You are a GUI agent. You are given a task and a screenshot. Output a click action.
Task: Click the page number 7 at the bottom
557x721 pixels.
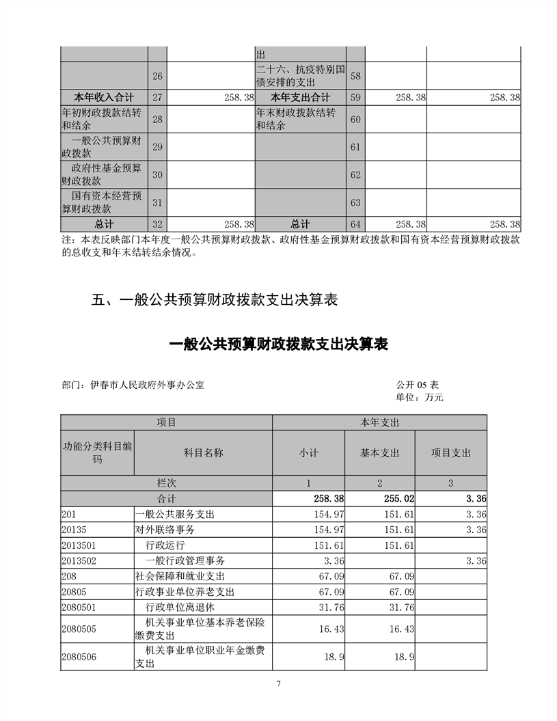(279, 683)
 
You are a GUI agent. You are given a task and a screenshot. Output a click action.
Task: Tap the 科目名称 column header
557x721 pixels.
(203, 452)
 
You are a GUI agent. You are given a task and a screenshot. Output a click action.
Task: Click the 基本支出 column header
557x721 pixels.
(379, 452)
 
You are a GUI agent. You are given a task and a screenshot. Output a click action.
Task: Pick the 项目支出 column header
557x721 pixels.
(450, 452)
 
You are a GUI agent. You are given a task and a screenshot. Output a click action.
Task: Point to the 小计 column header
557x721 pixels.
(308, 452)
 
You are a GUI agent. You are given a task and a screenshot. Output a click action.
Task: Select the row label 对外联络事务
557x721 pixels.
(165, 530)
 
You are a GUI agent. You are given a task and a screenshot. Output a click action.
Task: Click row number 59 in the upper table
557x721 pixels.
(355, 98)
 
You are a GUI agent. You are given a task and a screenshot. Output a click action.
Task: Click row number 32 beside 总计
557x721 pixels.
(157, 224)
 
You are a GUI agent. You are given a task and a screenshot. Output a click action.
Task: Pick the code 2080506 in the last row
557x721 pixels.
(79, 657)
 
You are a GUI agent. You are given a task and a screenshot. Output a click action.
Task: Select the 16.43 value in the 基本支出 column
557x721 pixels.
(401, 629)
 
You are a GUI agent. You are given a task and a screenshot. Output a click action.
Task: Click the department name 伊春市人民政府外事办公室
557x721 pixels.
(147, 385)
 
